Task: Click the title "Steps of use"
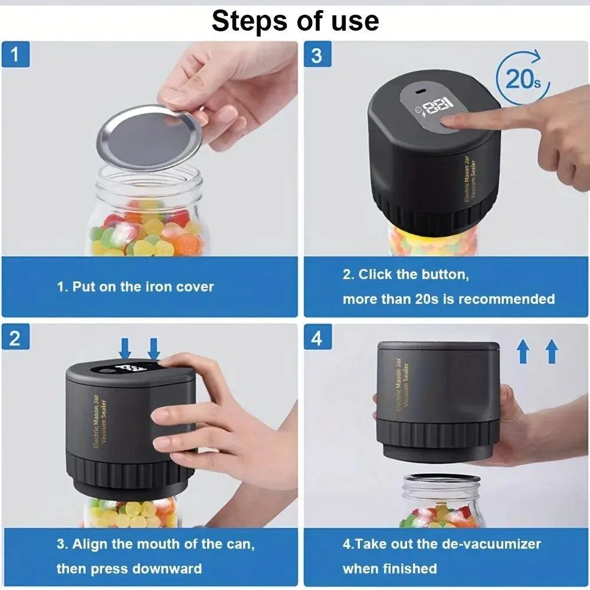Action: pyautogui.click(x=295, y=21)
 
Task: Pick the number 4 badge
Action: pyautogui.click(x=317, y=339)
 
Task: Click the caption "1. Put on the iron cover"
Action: pyautogui.click(x=135, y=287)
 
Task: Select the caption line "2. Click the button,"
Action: pyautogui.click(x=405, y=274)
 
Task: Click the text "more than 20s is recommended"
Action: pyautogui.click(x=448, y=299)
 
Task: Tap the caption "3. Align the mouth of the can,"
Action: pyautogui.click(x=156, y=544)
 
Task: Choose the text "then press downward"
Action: pyautogui.click(x=129, y=569)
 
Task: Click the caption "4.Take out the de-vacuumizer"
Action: pyautogui.click(x=441, y=544)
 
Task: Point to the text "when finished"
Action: pyautogui.click(x=389, y=569)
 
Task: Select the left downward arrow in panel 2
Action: pyautogui.click(x=124, y=348)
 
